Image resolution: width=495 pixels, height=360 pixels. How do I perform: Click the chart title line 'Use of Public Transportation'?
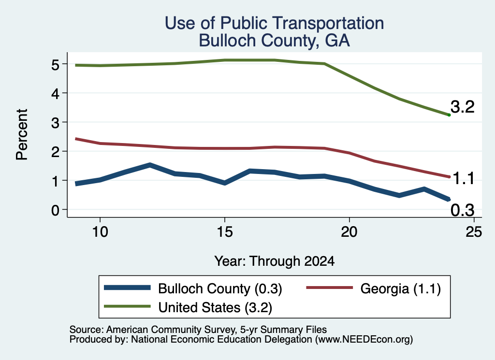(x=275, y=23)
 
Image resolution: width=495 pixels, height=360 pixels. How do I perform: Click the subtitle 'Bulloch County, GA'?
(x=275, y=41)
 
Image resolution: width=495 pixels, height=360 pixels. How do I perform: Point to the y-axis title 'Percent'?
(x=22, y=135)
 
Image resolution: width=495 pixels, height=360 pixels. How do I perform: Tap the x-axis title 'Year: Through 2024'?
(x=275, y=261)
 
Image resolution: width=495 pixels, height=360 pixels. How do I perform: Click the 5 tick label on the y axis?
(x=55, y=65)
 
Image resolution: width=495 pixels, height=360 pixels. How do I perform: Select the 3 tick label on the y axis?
(x=55, y=123)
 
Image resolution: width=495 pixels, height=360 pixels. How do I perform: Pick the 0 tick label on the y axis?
(x=55, y=210)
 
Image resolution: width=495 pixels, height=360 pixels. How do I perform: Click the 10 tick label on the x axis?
(x=100, y=232)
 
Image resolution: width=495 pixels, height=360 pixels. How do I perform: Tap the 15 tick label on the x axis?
(x=225, y=232)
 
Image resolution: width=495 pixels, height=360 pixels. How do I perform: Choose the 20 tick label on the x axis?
(x=349, y=232)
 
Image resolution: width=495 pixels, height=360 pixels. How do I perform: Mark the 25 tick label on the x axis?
(x=474, y=232)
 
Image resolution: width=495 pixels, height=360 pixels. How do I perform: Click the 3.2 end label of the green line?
(x=463, y=107)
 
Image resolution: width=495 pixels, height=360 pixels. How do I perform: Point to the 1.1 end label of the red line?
(x=464, y=179)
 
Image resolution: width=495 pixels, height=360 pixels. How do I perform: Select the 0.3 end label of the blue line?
(x=463, y=210)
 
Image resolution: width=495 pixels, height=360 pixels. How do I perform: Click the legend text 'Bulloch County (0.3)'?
(x=220, y=288)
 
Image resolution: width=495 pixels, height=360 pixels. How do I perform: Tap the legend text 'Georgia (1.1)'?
(x=401, y=288)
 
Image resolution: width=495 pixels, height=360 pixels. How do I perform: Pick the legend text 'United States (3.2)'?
(x=215, y=307)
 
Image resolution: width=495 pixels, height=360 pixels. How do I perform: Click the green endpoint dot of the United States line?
(x=449, y=115)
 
